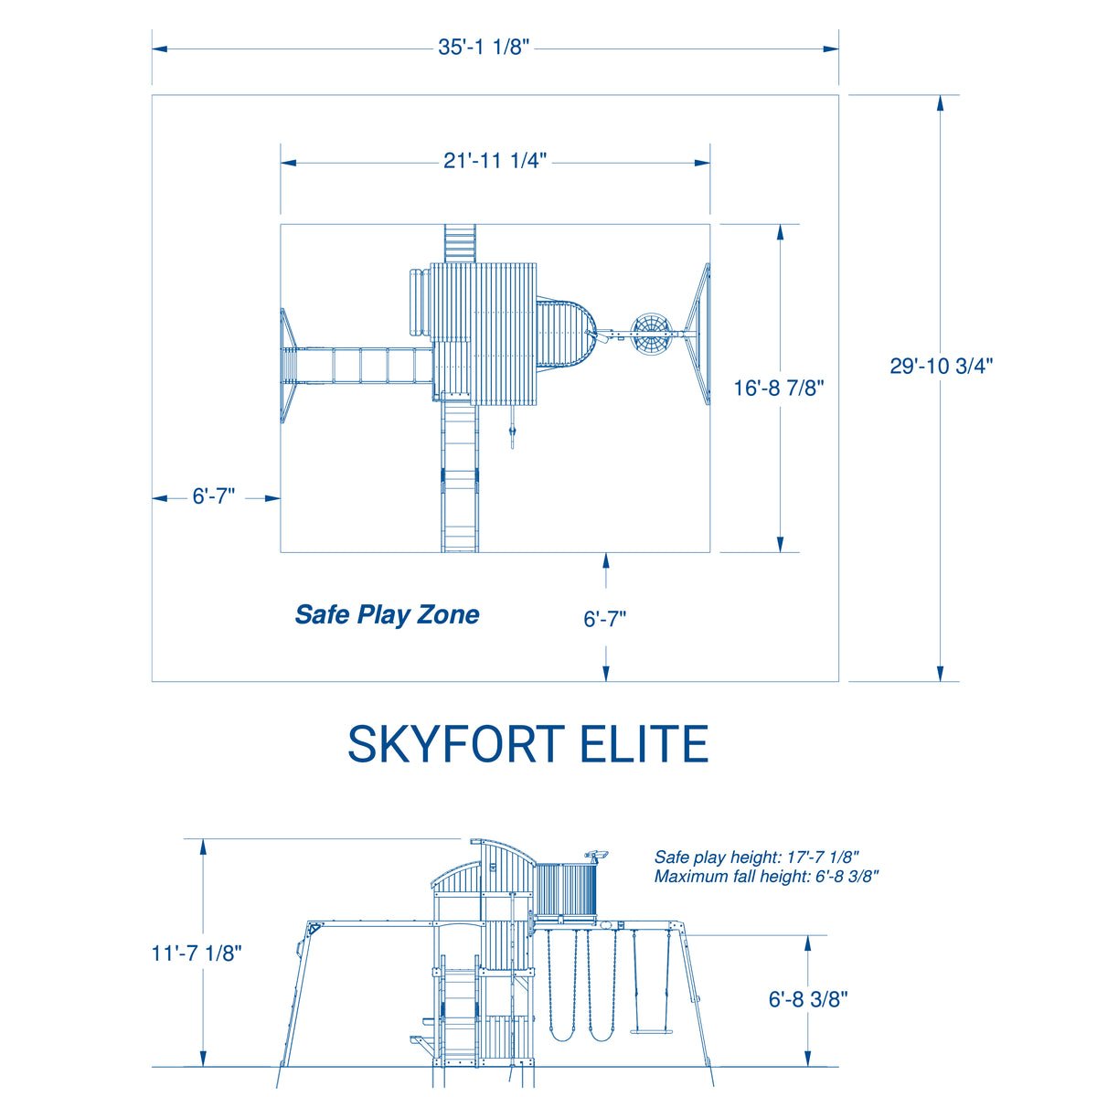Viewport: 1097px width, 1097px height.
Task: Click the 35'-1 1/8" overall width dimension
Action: pos(484,48)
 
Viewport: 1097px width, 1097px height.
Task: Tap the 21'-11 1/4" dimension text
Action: pos(495,162)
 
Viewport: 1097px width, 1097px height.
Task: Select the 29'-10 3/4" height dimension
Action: pos(942,366)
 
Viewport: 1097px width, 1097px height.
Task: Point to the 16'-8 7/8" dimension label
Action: pos(779,388)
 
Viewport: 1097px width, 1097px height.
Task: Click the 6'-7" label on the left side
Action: pos(214,497)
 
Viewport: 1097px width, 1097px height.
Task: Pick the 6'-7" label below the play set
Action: pos(605,619)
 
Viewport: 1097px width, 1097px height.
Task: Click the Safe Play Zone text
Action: pos(387,614)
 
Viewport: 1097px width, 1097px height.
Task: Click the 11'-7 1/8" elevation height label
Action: pos(197,953)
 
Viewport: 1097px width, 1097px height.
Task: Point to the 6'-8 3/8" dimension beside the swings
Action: pos(808,999)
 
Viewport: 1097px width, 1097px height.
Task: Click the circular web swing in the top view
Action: pos(652,335)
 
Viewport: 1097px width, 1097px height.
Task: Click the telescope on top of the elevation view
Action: pos(596,855)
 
